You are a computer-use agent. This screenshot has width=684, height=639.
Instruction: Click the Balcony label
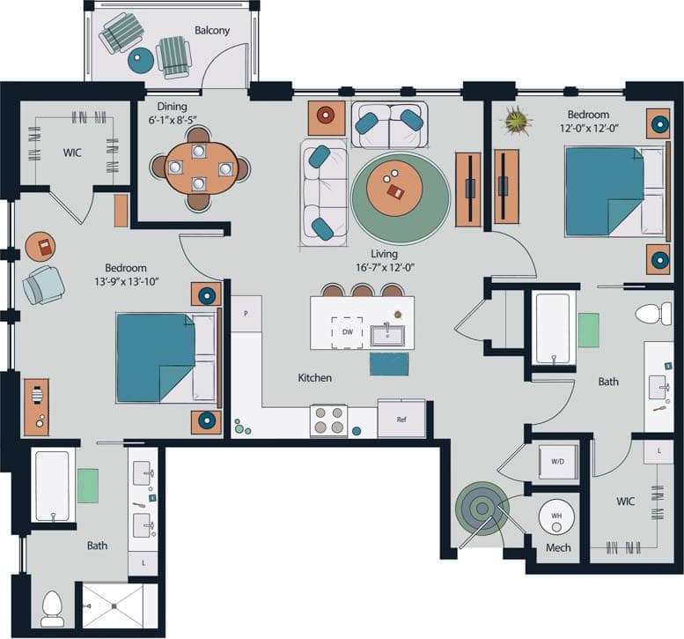point(212,30)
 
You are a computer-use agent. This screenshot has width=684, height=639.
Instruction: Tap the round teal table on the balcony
point(141,60)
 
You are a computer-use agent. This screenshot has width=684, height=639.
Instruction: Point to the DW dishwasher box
point(347,332)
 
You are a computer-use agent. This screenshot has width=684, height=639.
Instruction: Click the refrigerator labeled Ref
point(401,419)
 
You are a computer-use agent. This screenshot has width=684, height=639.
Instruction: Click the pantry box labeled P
point(246,314)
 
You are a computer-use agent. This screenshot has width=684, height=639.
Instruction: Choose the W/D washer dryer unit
point(558,461)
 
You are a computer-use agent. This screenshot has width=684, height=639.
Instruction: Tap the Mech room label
point(558,547)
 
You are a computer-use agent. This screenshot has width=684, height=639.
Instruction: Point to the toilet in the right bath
point(653,313)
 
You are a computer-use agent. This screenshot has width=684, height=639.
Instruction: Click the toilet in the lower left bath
point(53,606)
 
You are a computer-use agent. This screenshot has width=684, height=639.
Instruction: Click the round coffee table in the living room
point(395,188)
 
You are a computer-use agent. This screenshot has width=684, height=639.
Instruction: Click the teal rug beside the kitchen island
point(389,363)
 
